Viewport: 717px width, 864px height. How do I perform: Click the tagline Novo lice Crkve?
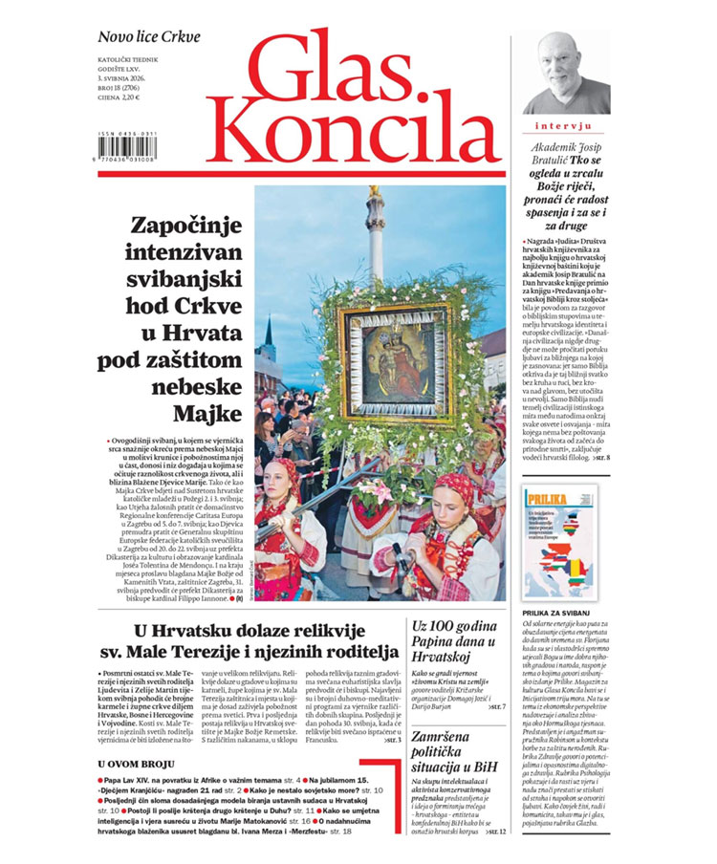148,37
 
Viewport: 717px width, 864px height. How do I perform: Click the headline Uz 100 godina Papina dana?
453,641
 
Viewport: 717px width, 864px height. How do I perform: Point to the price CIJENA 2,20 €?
119,97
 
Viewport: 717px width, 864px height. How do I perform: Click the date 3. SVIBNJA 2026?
124,76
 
